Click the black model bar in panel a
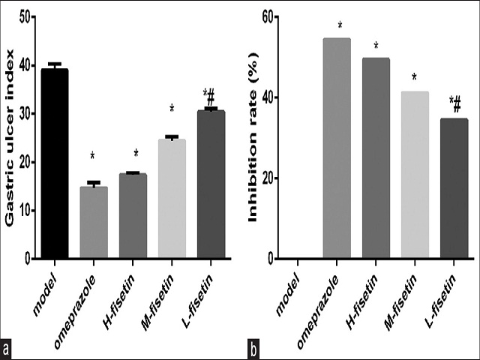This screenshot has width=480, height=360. coord(54,163)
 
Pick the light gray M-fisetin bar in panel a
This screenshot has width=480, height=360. coord(172,199)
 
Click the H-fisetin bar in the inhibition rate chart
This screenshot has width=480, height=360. coord(376,158)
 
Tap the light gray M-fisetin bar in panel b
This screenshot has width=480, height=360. coord(415,175)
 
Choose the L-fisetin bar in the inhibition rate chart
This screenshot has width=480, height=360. coord(454,188)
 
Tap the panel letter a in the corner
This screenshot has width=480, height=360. coord(7,349)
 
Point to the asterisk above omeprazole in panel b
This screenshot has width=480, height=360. coord(340,27)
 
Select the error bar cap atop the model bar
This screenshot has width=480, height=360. coord(54,64)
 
